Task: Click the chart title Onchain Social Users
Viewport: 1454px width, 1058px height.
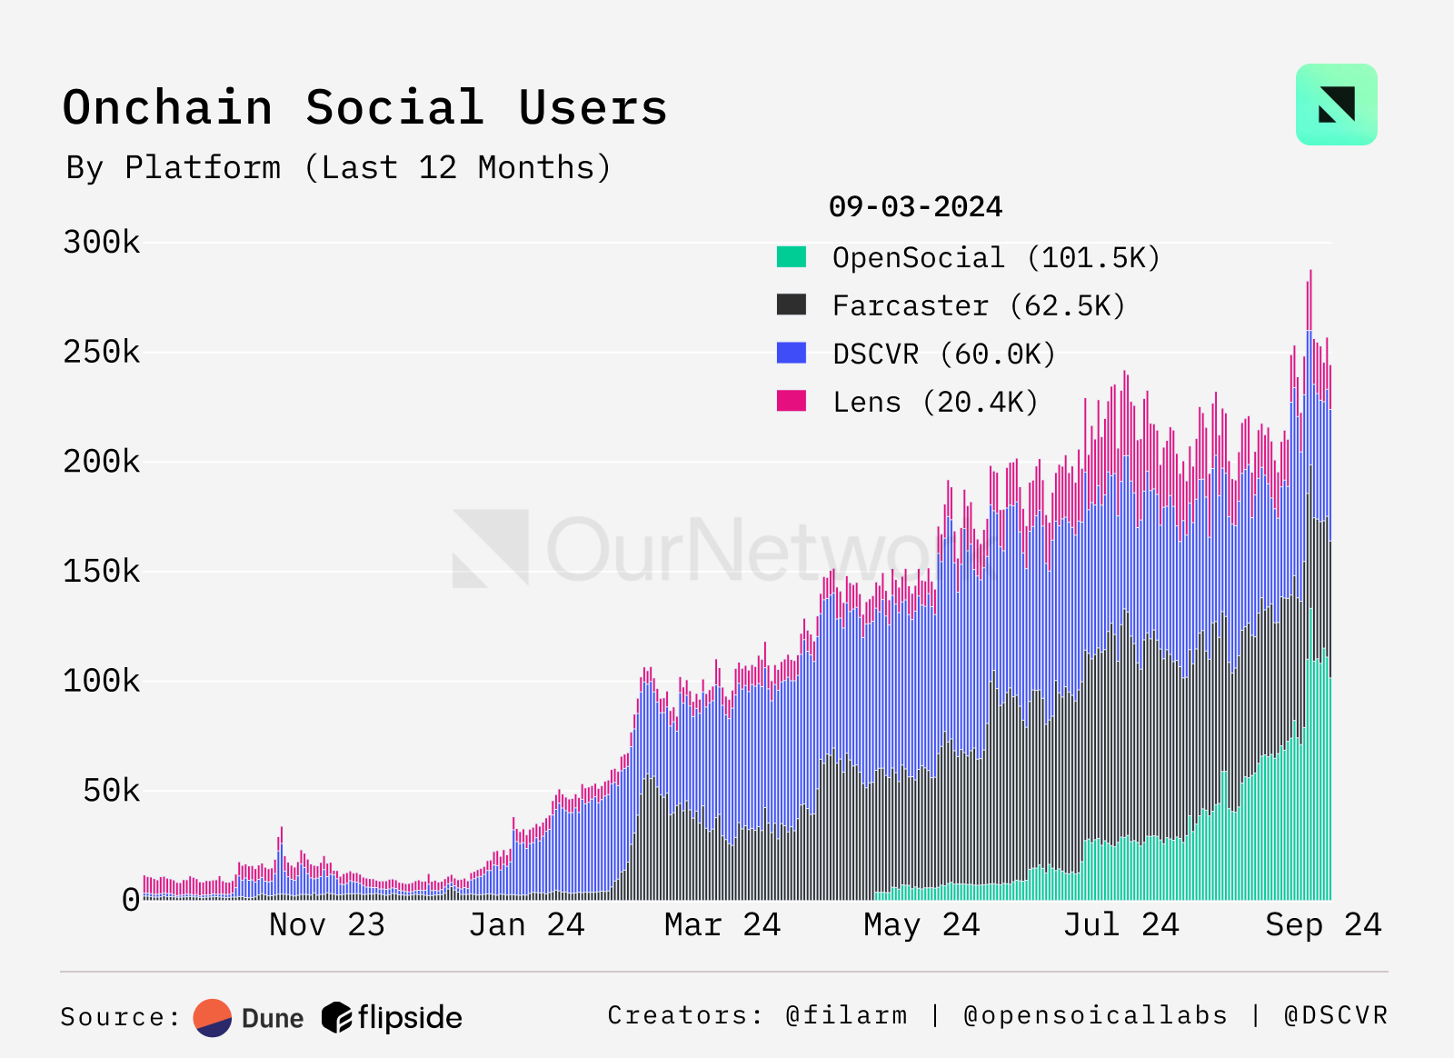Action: click(x=364, y=108)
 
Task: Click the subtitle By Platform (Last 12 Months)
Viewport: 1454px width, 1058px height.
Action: click(x=338, y=168)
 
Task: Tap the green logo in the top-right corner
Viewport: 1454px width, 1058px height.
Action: click(x=1336, y=105)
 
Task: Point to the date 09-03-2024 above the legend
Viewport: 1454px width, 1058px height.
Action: click(x=915, y=207)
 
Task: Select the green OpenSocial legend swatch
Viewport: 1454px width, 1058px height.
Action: click(x=792, y=257)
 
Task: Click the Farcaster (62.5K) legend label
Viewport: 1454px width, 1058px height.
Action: click(x=979, y=306)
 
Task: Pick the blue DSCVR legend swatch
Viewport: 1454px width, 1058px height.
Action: click(x=792, y=354)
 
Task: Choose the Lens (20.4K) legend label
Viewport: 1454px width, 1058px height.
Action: click(x=935, y=403)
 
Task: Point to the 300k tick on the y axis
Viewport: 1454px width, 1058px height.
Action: click(x=102, y=243)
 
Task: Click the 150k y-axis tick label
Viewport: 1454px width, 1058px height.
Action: click(x=102, y=572)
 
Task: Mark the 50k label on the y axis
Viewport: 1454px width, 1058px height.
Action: click(x=111, y=791)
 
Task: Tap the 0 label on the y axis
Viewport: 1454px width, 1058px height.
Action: click(x=131, y=901)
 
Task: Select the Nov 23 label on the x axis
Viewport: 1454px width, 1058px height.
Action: click(x=327, y=925)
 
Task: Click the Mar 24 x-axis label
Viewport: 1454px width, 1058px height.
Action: click(x=722, y=925)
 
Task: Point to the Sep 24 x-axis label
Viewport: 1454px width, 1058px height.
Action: click(x=1323, y=925)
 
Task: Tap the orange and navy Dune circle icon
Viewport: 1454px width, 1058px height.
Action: click(x=213, y=1018)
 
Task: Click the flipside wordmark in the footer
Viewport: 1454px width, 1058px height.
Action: click(x=410, y=1018)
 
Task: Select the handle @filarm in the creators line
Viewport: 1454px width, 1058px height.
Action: click(x=846, y=1015)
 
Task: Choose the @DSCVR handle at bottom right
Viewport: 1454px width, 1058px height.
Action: click(x=1336, y=1015)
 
